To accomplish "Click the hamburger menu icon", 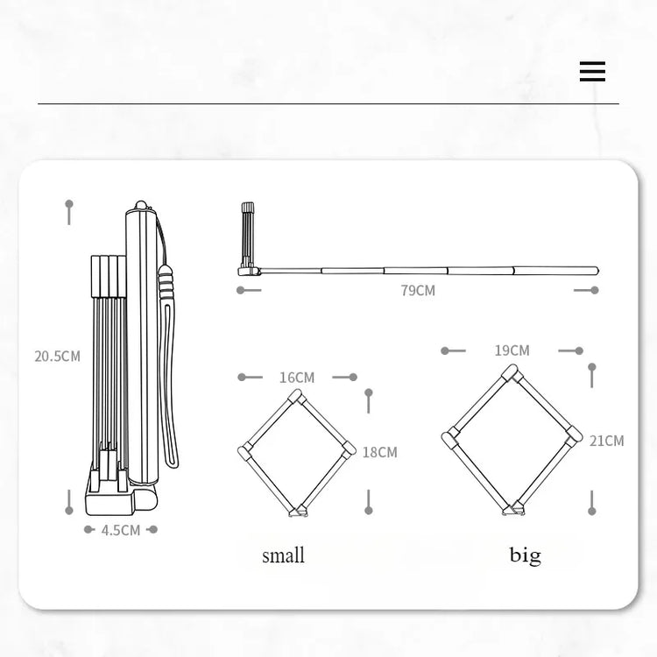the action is tap(592, 71).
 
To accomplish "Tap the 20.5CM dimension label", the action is tap(58, 357).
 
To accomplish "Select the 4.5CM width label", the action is tap(121, 530).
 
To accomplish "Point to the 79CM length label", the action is tap(418, 290).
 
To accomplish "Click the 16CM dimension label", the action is tap(297, 378).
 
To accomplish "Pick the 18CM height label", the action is tap(379, 452).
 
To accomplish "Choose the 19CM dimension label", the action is tap(512, 350).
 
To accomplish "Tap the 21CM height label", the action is tap(607, 441).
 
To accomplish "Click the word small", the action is tap(283, 555).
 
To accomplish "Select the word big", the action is tap(526, 555).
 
